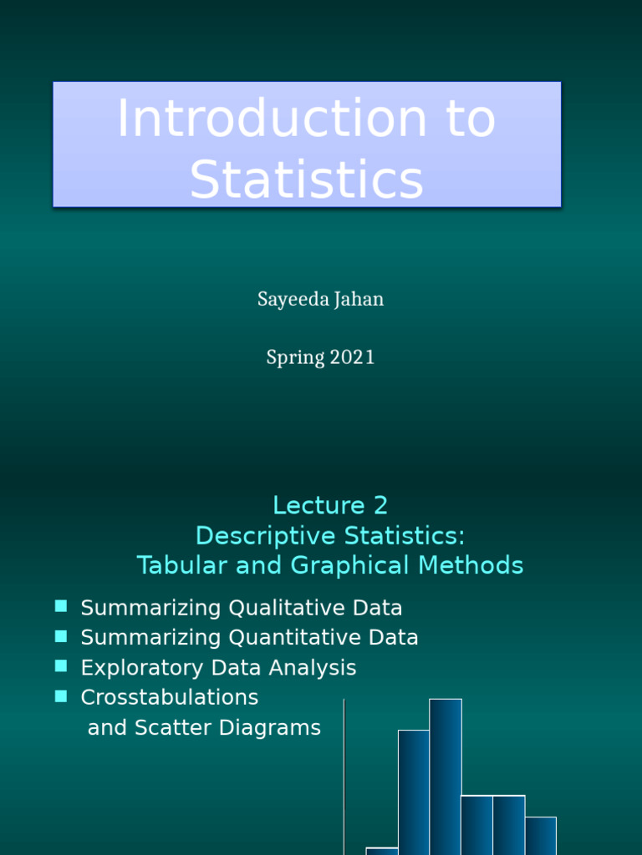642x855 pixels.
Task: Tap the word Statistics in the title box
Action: click(306, 179)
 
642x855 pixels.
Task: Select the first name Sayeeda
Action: click(293, 300)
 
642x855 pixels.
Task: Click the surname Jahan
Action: click(359, 300)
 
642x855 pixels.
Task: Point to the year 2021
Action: click(352, 357)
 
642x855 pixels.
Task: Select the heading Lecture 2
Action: click(330, 505)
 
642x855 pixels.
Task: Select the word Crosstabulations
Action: click(170, 697)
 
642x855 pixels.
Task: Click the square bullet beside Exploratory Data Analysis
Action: click(61, 666)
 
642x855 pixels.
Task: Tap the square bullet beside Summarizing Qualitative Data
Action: click(61, 606)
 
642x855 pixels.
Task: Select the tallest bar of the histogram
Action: click(446, 777)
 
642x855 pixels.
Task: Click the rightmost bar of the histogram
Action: click(541, 835)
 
